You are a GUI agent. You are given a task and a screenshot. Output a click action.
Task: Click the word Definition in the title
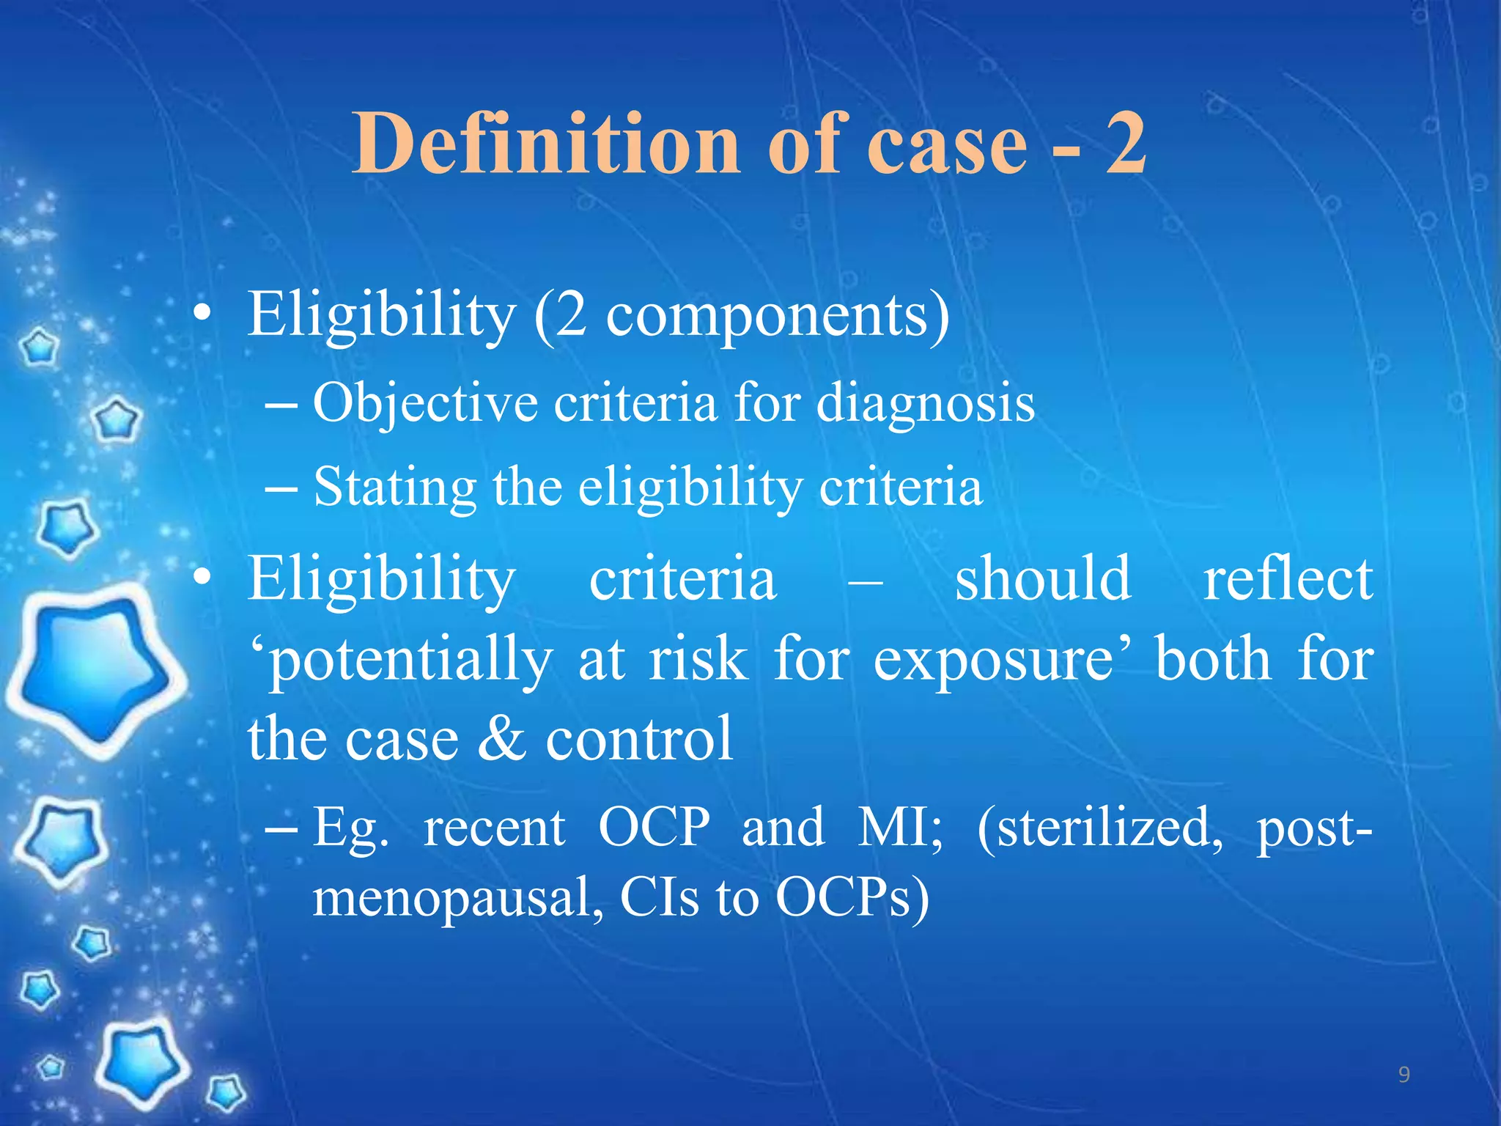coord(547,144)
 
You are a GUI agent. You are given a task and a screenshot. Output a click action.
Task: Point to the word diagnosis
coord(925,404)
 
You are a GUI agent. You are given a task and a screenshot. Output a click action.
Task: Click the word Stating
coord(394,488)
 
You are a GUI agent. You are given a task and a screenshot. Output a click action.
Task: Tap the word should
coord(1043,579)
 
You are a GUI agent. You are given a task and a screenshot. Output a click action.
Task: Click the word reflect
coord(1288,579)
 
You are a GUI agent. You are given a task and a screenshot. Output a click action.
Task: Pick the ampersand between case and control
coord(501,739)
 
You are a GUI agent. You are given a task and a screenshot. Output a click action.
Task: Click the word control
coord(639,739)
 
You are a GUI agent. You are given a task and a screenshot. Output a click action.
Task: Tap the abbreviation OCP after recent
coord(654,828)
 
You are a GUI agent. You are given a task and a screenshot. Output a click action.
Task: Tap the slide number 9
coord(1404,1075)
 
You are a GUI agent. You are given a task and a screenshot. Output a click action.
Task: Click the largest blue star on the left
coord(95,671)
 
